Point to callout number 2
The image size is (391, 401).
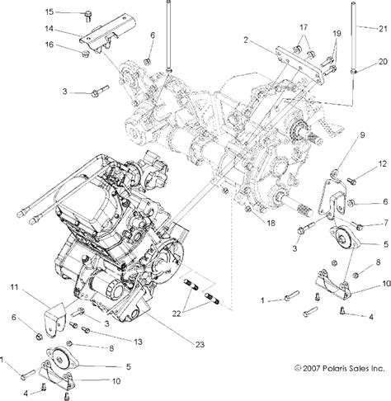click(245, 40)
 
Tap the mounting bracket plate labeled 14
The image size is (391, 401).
click(107, 36)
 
